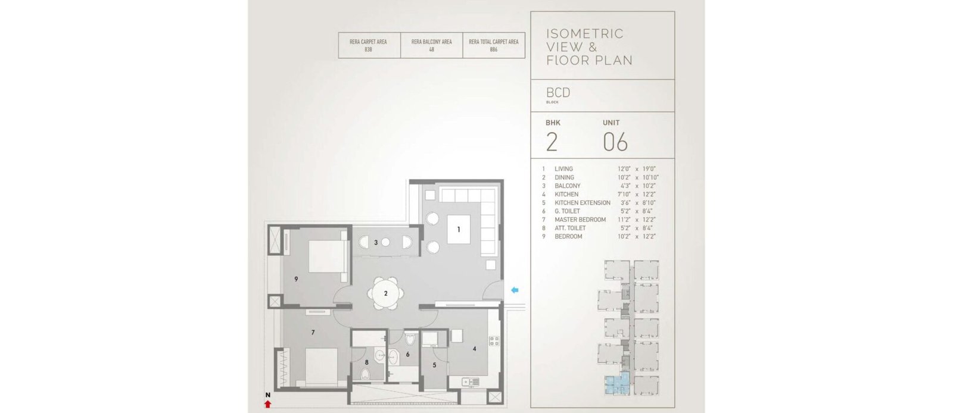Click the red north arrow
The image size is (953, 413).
tap(267, 404)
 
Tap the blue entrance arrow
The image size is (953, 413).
tap(515, 290)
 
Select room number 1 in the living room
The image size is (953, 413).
tap(459, 230)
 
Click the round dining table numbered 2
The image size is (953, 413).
tap(386, 293)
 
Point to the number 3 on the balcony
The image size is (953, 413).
tap(376, 243)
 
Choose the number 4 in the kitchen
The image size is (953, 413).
tap(474, 349)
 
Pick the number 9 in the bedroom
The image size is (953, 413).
tap(296, 279)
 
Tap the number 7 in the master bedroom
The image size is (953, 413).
tap(313, 333)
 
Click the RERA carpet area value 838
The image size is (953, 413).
tap(369, 49)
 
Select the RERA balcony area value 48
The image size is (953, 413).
tap(431, 49)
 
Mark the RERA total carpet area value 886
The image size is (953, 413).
tap(494, 49)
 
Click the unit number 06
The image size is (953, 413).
tap(615, 142)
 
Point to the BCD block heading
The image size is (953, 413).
tap(558, 93)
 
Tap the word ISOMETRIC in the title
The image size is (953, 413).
tap(585, 33)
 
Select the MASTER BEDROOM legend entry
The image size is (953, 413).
tap(580, 220)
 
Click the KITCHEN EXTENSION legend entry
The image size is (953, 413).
tap(583, 203)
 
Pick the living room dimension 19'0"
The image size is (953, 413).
tap(649, 168)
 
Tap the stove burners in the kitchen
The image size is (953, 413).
tap(494, 340)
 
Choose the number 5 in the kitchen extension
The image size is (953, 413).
tap(434, 365)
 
